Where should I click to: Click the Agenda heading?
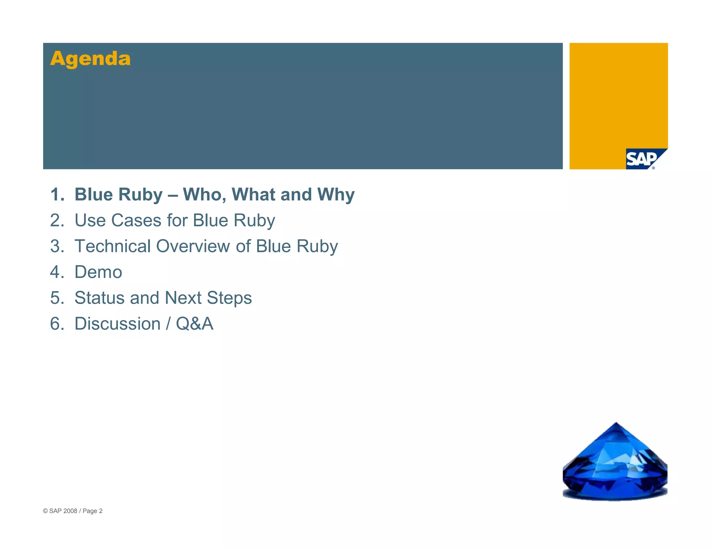90,58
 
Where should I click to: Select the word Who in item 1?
204,194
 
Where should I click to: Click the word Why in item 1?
336,194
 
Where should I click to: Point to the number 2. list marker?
57,220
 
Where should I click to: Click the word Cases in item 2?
136,220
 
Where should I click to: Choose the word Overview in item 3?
193,246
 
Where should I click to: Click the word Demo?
98,272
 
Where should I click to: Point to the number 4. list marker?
57,272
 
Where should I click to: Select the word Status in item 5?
99,298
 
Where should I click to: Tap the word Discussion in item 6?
117,324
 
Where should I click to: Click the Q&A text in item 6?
194,324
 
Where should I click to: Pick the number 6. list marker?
57,324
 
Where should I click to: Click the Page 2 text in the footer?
92,511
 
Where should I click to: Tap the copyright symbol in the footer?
45,511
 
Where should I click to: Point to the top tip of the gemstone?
616,423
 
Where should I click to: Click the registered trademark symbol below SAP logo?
653,168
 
